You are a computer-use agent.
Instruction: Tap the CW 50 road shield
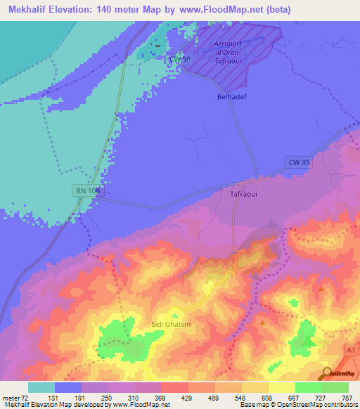pyautogui.click(x=180, y=60)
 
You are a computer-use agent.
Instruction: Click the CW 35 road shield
pyautogui.click(x=298, y=162)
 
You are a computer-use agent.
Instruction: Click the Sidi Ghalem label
pyautogui.click(x=170, y=324)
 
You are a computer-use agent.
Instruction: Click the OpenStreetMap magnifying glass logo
pyautogui.click(x=327, y=374)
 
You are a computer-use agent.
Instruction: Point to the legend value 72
pyautogui.click(x=25, y=397)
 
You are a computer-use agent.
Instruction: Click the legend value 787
pyautogui.click(x=346, y=397)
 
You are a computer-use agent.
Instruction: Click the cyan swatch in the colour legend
pyautogui.click(x=41, y=387)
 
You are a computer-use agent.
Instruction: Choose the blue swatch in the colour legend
pyautogui.click(x=68, y=387)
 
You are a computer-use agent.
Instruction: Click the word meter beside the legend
pyautogui.click(x=10, y=397)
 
